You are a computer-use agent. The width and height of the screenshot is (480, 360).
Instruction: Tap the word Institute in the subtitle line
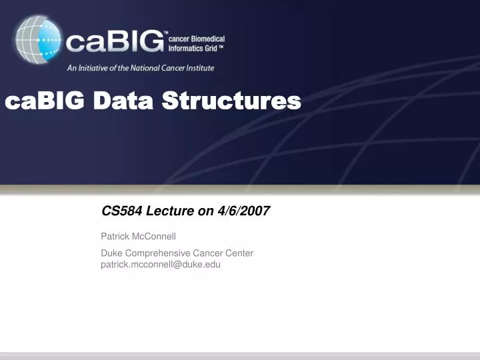click(x=199, y=67)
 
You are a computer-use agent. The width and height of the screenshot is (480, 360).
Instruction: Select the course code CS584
click(x=118, y=211)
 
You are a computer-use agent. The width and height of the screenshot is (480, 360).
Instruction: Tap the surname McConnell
click(x=155, y=236)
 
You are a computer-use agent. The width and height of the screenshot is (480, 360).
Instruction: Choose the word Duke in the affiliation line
click(x=111, y=253)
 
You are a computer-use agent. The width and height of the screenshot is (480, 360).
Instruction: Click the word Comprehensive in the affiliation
click(x=157, y=253)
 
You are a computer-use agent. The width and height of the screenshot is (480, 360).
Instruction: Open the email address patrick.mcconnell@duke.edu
click(x=160, y=264)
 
